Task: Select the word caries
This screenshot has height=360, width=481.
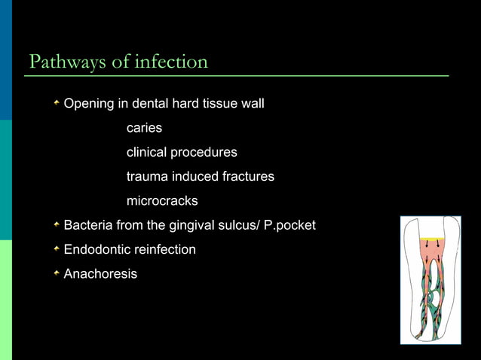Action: (x=144, y=129)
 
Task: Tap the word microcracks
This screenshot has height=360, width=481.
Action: (x=162, y=201)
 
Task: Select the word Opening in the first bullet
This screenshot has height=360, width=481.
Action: (x=88, y=105)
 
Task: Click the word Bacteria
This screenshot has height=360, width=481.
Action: (x=90, y=225)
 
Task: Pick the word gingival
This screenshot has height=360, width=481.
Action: (x=201, y=225)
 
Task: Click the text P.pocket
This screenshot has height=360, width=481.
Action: (x=290, y=225)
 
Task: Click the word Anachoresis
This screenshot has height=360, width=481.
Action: (x=100, y=273)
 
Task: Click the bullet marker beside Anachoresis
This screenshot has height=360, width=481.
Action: (x=56, y=273)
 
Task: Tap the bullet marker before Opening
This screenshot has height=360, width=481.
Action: (x=56, y=104)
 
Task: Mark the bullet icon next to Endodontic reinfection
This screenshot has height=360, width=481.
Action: (x=56, y=249)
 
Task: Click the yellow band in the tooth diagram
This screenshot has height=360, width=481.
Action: (x=434, y=239)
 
